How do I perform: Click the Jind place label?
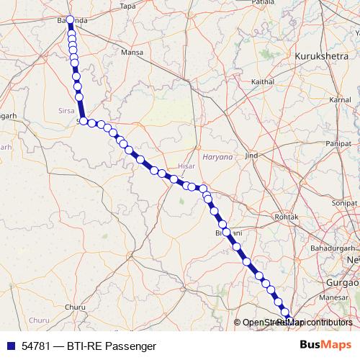coord(251,156)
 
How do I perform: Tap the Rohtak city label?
coord(287,216)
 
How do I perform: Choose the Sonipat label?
coord(345,204)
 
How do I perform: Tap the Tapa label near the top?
coord(127,6)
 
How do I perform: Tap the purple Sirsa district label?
coord(66,111)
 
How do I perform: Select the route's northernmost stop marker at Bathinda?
coord(70,20)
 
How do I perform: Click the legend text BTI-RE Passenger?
coord(112,346)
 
